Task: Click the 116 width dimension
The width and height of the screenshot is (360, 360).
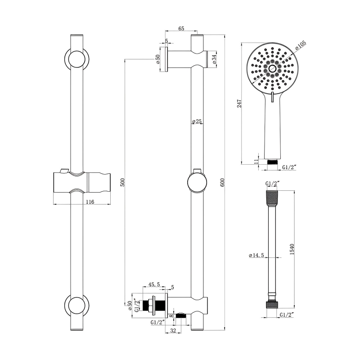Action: (90, 202)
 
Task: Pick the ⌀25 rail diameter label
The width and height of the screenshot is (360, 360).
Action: (196, 121)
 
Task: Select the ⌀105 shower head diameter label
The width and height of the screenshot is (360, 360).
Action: (300, 45)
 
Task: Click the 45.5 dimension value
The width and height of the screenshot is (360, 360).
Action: (154, 285)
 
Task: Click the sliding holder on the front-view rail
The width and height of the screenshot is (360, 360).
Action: (82, 182)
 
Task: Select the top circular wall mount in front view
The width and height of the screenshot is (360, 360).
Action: (77, 59)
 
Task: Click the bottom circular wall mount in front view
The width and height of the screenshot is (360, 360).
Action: (77, 306)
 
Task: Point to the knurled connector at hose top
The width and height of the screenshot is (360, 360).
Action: (272, 197)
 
